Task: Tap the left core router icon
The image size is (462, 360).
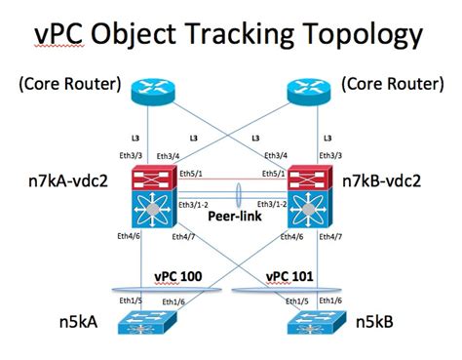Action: pos(152,94)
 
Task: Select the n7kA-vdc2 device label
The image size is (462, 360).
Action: pos(65,181)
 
